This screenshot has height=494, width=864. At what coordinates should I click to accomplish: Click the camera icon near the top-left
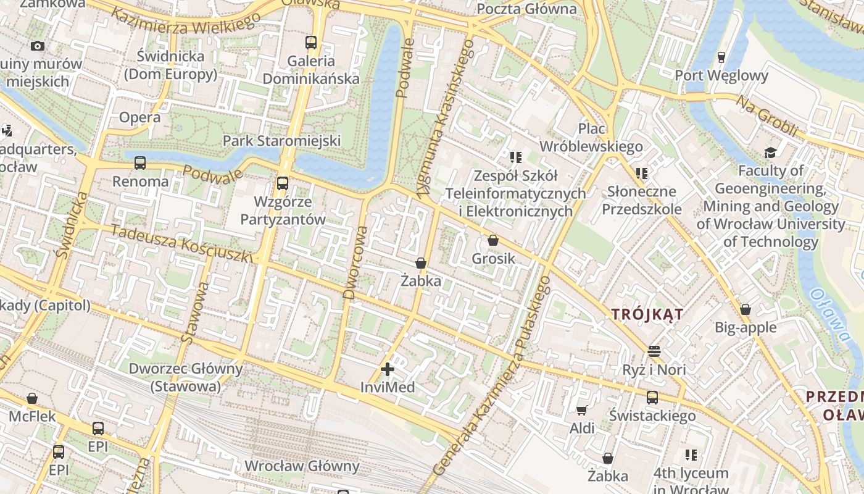pos(37,46)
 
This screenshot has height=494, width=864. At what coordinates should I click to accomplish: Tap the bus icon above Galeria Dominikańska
pos(311,43)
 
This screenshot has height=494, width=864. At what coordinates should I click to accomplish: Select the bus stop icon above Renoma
pos(140,163)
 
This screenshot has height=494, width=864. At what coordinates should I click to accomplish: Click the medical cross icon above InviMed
pos(388,369)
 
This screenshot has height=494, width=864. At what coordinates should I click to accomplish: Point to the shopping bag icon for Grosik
pos(492,240)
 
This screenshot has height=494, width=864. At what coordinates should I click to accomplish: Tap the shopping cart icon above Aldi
pos(581,410)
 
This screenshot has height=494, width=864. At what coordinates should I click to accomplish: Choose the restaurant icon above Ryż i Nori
pos(654,351)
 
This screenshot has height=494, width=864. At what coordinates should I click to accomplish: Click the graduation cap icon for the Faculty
pos(770,153)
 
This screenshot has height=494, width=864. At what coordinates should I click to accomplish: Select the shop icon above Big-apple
pos(746,309)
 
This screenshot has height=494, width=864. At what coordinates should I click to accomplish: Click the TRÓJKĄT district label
pos(647,314)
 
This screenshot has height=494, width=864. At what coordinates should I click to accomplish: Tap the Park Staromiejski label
pos(281,141)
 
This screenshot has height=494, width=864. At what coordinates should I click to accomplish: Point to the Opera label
pos(139,117)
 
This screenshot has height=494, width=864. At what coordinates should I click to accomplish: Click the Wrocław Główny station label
pos(302,466)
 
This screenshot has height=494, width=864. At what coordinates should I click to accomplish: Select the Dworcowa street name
pos(355,262)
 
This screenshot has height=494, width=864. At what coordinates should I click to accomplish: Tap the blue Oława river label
pos(831,314)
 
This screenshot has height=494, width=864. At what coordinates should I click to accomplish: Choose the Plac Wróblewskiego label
pos(591,138)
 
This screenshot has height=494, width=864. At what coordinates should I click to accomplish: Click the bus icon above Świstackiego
pos(652,398)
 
